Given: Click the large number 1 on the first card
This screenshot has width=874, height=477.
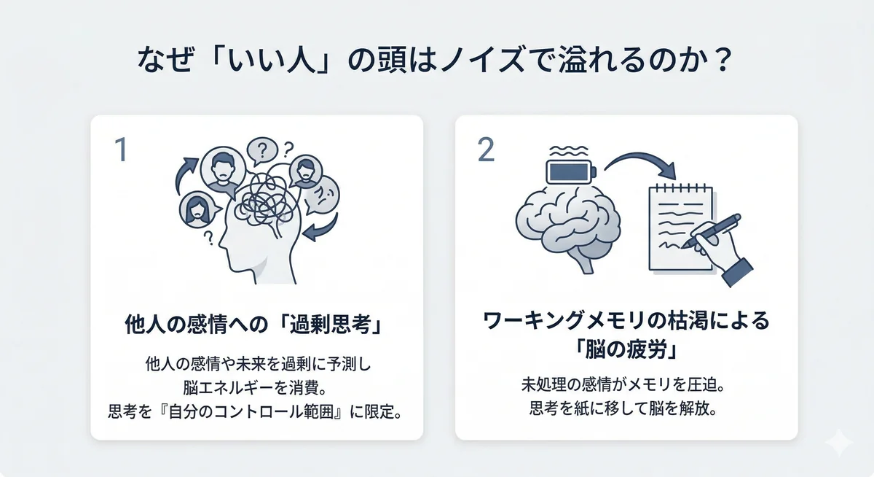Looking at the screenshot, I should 122,150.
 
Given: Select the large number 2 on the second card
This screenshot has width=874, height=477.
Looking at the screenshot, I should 486,150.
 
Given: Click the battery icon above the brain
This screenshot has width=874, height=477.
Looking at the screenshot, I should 572,173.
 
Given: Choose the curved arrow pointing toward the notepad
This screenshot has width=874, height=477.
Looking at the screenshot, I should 641,165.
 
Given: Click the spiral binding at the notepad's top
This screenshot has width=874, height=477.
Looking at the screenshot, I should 681,188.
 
